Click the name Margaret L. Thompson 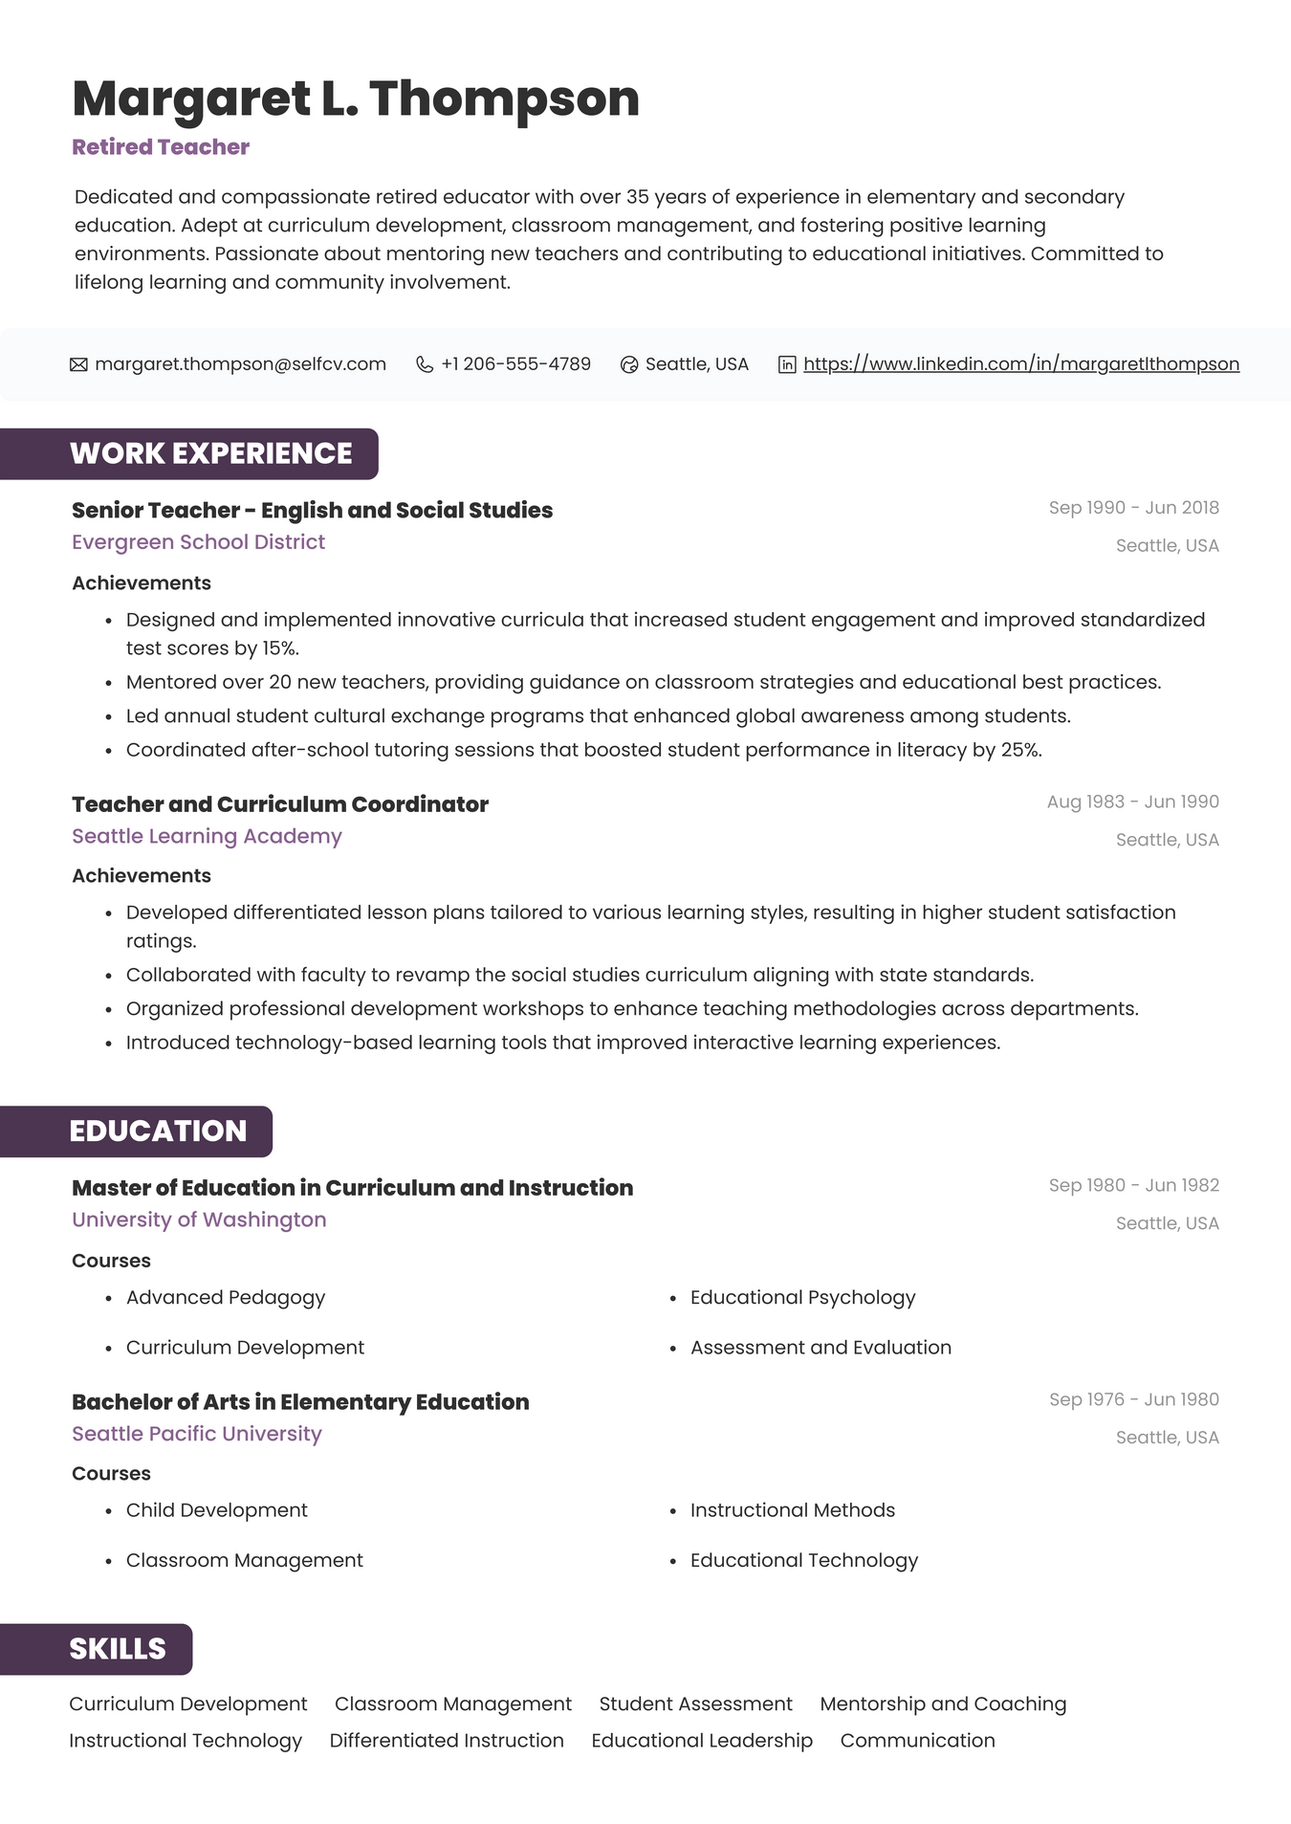355,99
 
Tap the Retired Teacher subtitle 161,147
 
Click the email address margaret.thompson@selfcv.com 240,364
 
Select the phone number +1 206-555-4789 515,364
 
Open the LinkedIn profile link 1020,364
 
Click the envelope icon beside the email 78,364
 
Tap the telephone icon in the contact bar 425,364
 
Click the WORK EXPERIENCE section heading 210,453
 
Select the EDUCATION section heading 158,1132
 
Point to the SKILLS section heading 118,1649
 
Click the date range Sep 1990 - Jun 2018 1133,508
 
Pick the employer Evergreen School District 198,542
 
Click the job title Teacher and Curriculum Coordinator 279,804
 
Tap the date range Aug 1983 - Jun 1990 1132,802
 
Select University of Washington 199,1220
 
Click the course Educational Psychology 802,1298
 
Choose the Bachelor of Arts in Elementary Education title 300,1402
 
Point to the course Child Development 216,1510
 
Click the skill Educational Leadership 701,1741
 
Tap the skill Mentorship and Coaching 942,1704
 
